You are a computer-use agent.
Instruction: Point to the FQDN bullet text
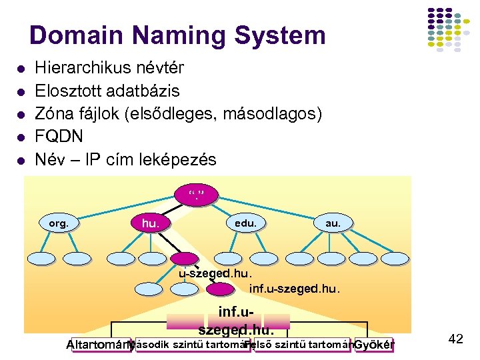59,137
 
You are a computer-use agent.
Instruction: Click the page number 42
455,339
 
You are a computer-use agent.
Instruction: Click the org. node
59,224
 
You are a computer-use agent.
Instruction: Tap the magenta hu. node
151,223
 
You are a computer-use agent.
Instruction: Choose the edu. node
245,223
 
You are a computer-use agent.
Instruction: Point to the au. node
332,223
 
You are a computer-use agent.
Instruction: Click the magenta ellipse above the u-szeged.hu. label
185,259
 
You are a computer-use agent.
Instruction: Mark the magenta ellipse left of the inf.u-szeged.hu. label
220,289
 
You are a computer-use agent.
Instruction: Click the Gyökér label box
373,345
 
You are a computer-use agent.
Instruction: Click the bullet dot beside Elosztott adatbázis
21,90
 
